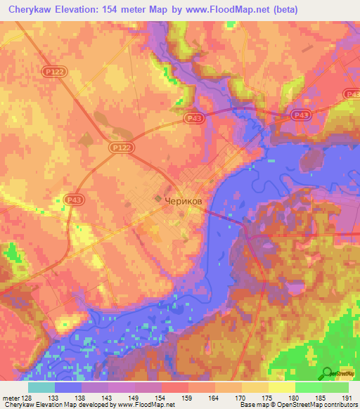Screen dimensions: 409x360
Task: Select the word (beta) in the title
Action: click(281, 9)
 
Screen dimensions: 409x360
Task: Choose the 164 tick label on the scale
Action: click(213, 398)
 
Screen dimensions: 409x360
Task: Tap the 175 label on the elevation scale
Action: click(266, 398)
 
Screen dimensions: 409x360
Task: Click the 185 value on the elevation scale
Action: click(319, 398)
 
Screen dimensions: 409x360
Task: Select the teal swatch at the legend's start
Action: click(41, 387)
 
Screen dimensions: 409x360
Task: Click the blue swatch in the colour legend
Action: click(68, 387)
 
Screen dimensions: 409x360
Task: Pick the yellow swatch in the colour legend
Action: click(281, 387)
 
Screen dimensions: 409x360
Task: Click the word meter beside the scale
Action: click(10, 398)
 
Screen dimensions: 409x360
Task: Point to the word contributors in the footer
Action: click(340, 405)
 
